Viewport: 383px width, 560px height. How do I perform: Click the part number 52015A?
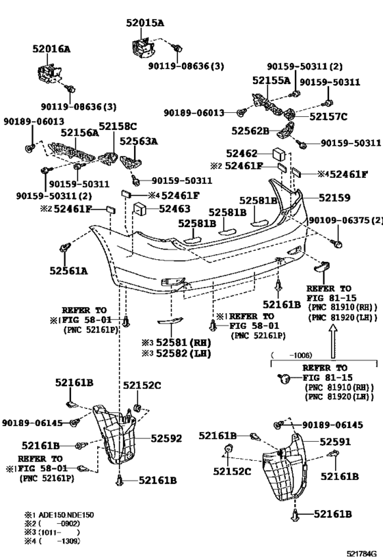point(145,23)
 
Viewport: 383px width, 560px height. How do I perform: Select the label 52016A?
point(51,49)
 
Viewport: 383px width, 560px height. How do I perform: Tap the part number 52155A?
point(272,81)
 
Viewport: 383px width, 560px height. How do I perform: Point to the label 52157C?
point(328,117)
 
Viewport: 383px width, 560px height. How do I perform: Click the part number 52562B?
point(250,131)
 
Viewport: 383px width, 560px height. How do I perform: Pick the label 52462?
point(242,154)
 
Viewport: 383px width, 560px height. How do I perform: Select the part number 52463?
point(174,209)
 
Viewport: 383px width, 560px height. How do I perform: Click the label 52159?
point(334,198)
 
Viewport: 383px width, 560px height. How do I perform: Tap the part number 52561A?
point(68,271)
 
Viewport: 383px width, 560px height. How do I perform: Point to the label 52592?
point(166,438)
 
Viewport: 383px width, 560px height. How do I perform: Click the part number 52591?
point(335,442)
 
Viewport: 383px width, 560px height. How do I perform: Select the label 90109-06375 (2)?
point(345,220)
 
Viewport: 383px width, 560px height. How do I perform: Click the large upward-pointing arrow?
point(333,341)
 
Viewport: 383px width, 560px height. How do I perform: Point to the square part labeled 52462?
point(278,154)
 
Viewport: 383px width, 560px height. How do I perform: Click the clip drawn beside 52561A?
point(65,247)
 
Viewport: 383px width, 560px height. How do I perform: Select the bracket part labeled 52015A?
point(142,47)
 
